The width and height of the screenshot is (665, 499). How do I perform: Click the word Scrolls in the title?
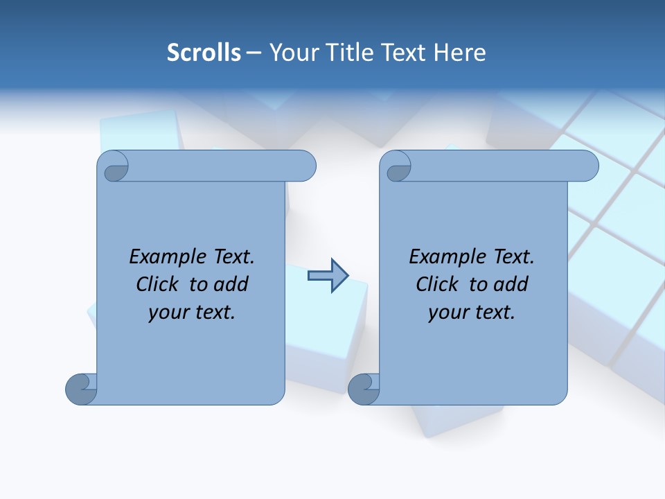coord(204,53)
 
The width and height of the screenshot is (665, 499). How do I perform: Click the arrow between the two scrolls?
coord(328,276)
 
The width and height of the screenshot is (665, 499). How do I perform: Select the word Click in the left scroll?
coord(160,284)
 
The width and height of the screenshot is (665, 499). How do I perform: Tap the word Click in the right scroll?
coord(440,284)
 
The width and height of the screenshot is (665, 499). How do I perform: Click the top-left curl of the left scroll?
coord(114,167)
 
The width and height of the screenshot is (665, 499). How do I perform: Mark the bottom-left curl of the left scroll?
coord(81,389)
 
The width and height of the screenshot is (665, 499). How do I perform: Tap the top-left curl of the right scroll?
coord(396,167)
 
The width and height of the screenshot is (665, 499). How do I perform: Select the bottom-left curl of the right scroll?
coord(364,389)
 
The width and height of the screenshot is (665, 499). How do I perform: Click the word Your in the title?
coord(291,53)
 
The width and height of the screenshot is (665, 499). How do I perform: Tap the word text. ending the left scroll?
coord(213,313)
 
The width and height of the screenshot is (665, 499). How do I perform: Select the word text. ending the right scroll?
coord(493,313)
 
